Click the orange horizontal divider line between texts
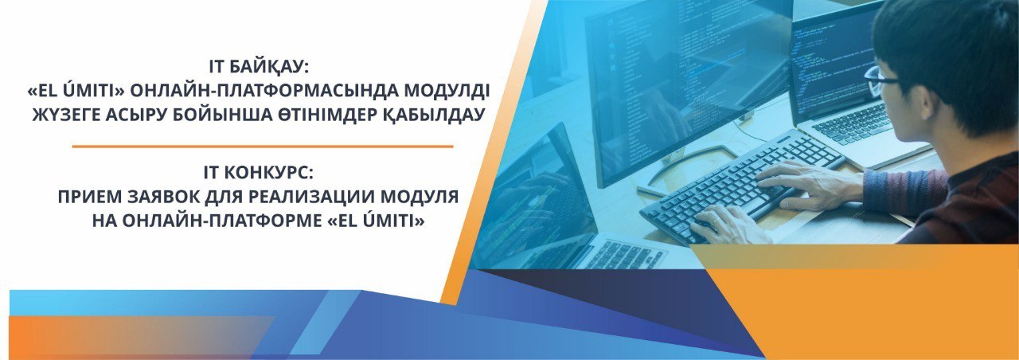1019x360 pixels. pyautogui.click(x=263, y=147)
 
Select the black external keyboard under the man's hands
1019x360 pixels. pyautogui.click(x=741, y=186)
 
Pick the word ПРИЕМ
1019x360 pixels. pyautogui.click(x=90, y=197)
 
